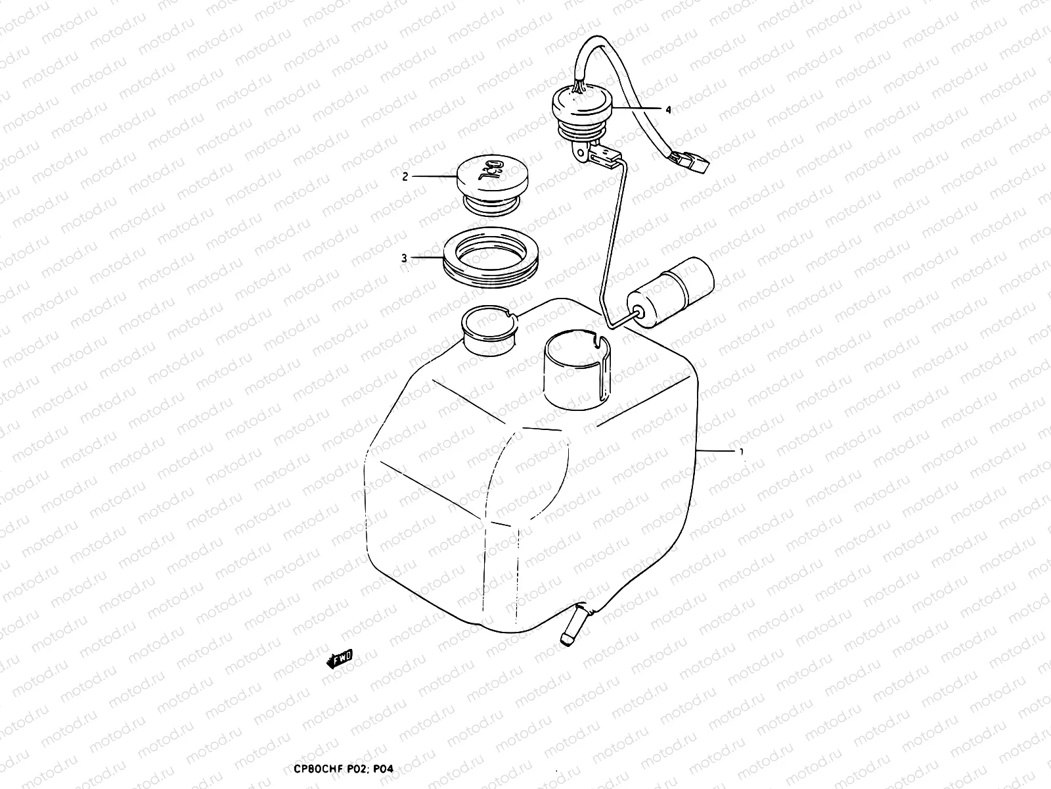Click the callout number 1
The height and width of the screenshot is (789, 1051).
[x=742, y=452]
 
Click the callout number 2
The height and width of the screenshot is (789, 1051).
[x=405, y=176]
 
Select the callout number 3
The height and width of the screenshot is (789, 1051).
[x=405, y=258]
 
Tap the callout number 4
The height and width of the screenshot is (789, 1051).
[x=668, y=110]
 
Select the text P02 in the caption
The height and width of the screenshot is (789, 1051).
[x=355, y=768]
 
